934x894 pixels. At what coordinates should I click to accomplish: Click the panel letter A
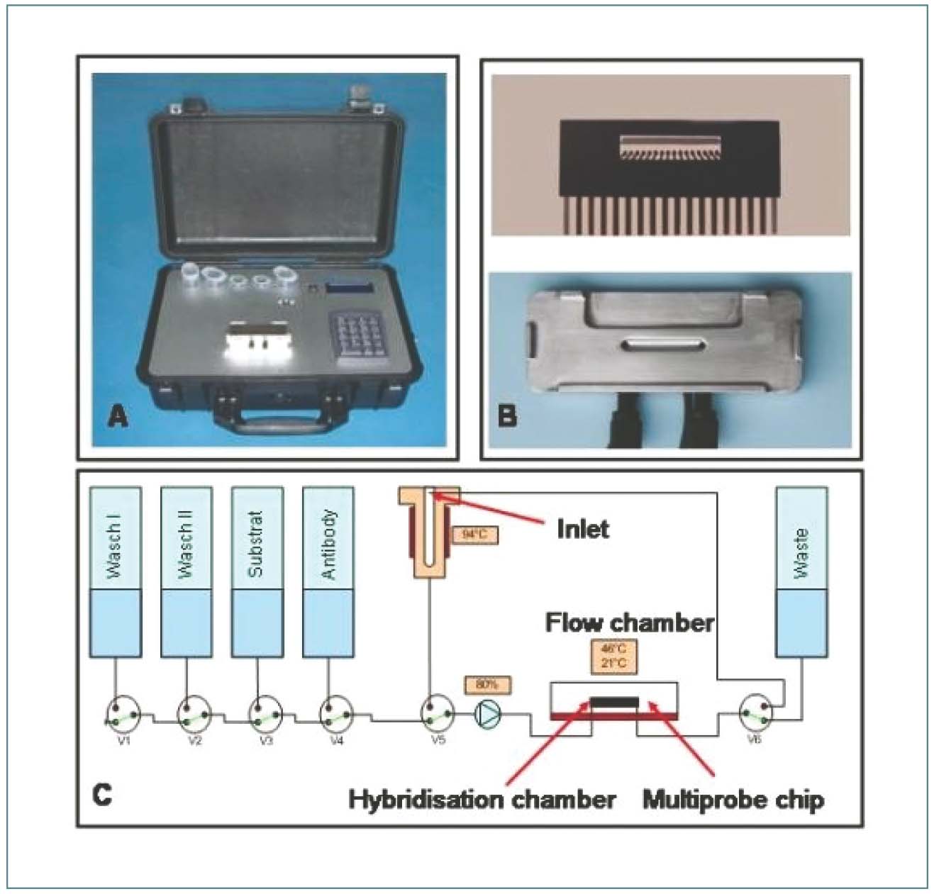(x=118, y=416)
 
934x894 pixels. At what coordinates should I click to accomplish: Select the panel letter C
(x=102, y=794)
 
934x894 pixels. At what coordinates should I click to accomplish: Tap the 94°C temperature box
(x=474, y=534)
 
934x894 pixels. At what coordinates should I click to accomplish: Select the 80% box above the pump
(x=487, y=685)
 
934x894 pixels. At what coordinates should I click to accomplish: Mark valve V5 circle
(x=438, y=714)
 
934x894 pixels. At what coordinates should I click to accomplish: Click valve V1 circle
(x=123, y=714)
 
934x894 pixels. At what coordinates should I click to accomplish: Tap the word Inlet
(x=582, y=529)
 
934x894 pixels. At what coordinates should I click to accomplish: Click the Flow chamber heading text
(x=629, y=622)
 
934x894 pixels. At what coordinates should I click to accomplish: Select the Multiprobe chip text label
(x=733, y=800)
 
